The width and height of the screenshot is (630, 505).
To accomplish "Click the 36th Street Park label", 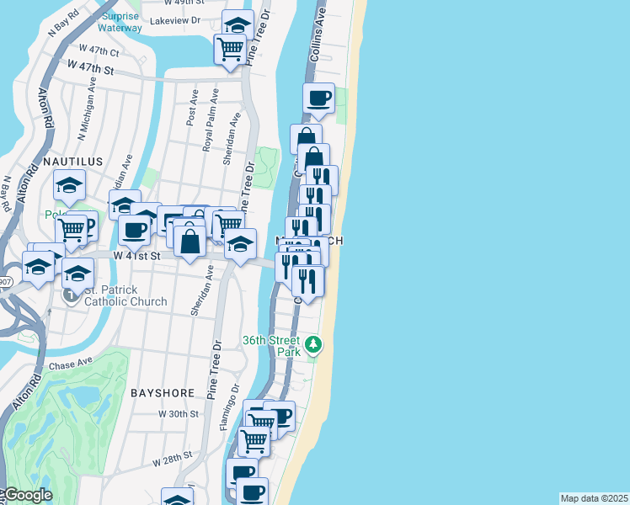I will click(271, 345).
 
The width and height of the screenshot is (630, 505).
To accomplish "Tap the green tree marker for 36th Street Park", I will click(313, 343).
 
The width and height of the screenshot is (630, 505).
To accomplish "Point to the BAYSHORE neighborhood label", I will click(163, 393).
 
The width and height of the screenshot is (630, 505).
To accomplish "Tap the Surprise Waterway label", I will click(120, 22).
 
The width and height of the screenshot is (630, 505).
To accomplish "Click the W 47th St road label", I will click(91, 66).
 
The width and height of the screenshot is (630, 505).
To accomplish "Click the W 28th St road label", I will click(174, 462).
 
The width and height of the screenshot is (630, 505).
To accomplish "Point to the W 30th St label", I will click(179, 414).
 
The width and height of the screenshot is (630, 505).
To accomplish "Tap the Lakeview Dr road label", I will click(174, 19).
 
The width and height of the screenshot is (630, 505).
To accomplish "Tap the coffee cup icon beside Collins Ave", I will click(319, 98).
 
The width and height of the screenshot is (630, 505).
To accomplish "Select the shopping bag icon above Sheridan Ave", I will click(191, 241).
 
